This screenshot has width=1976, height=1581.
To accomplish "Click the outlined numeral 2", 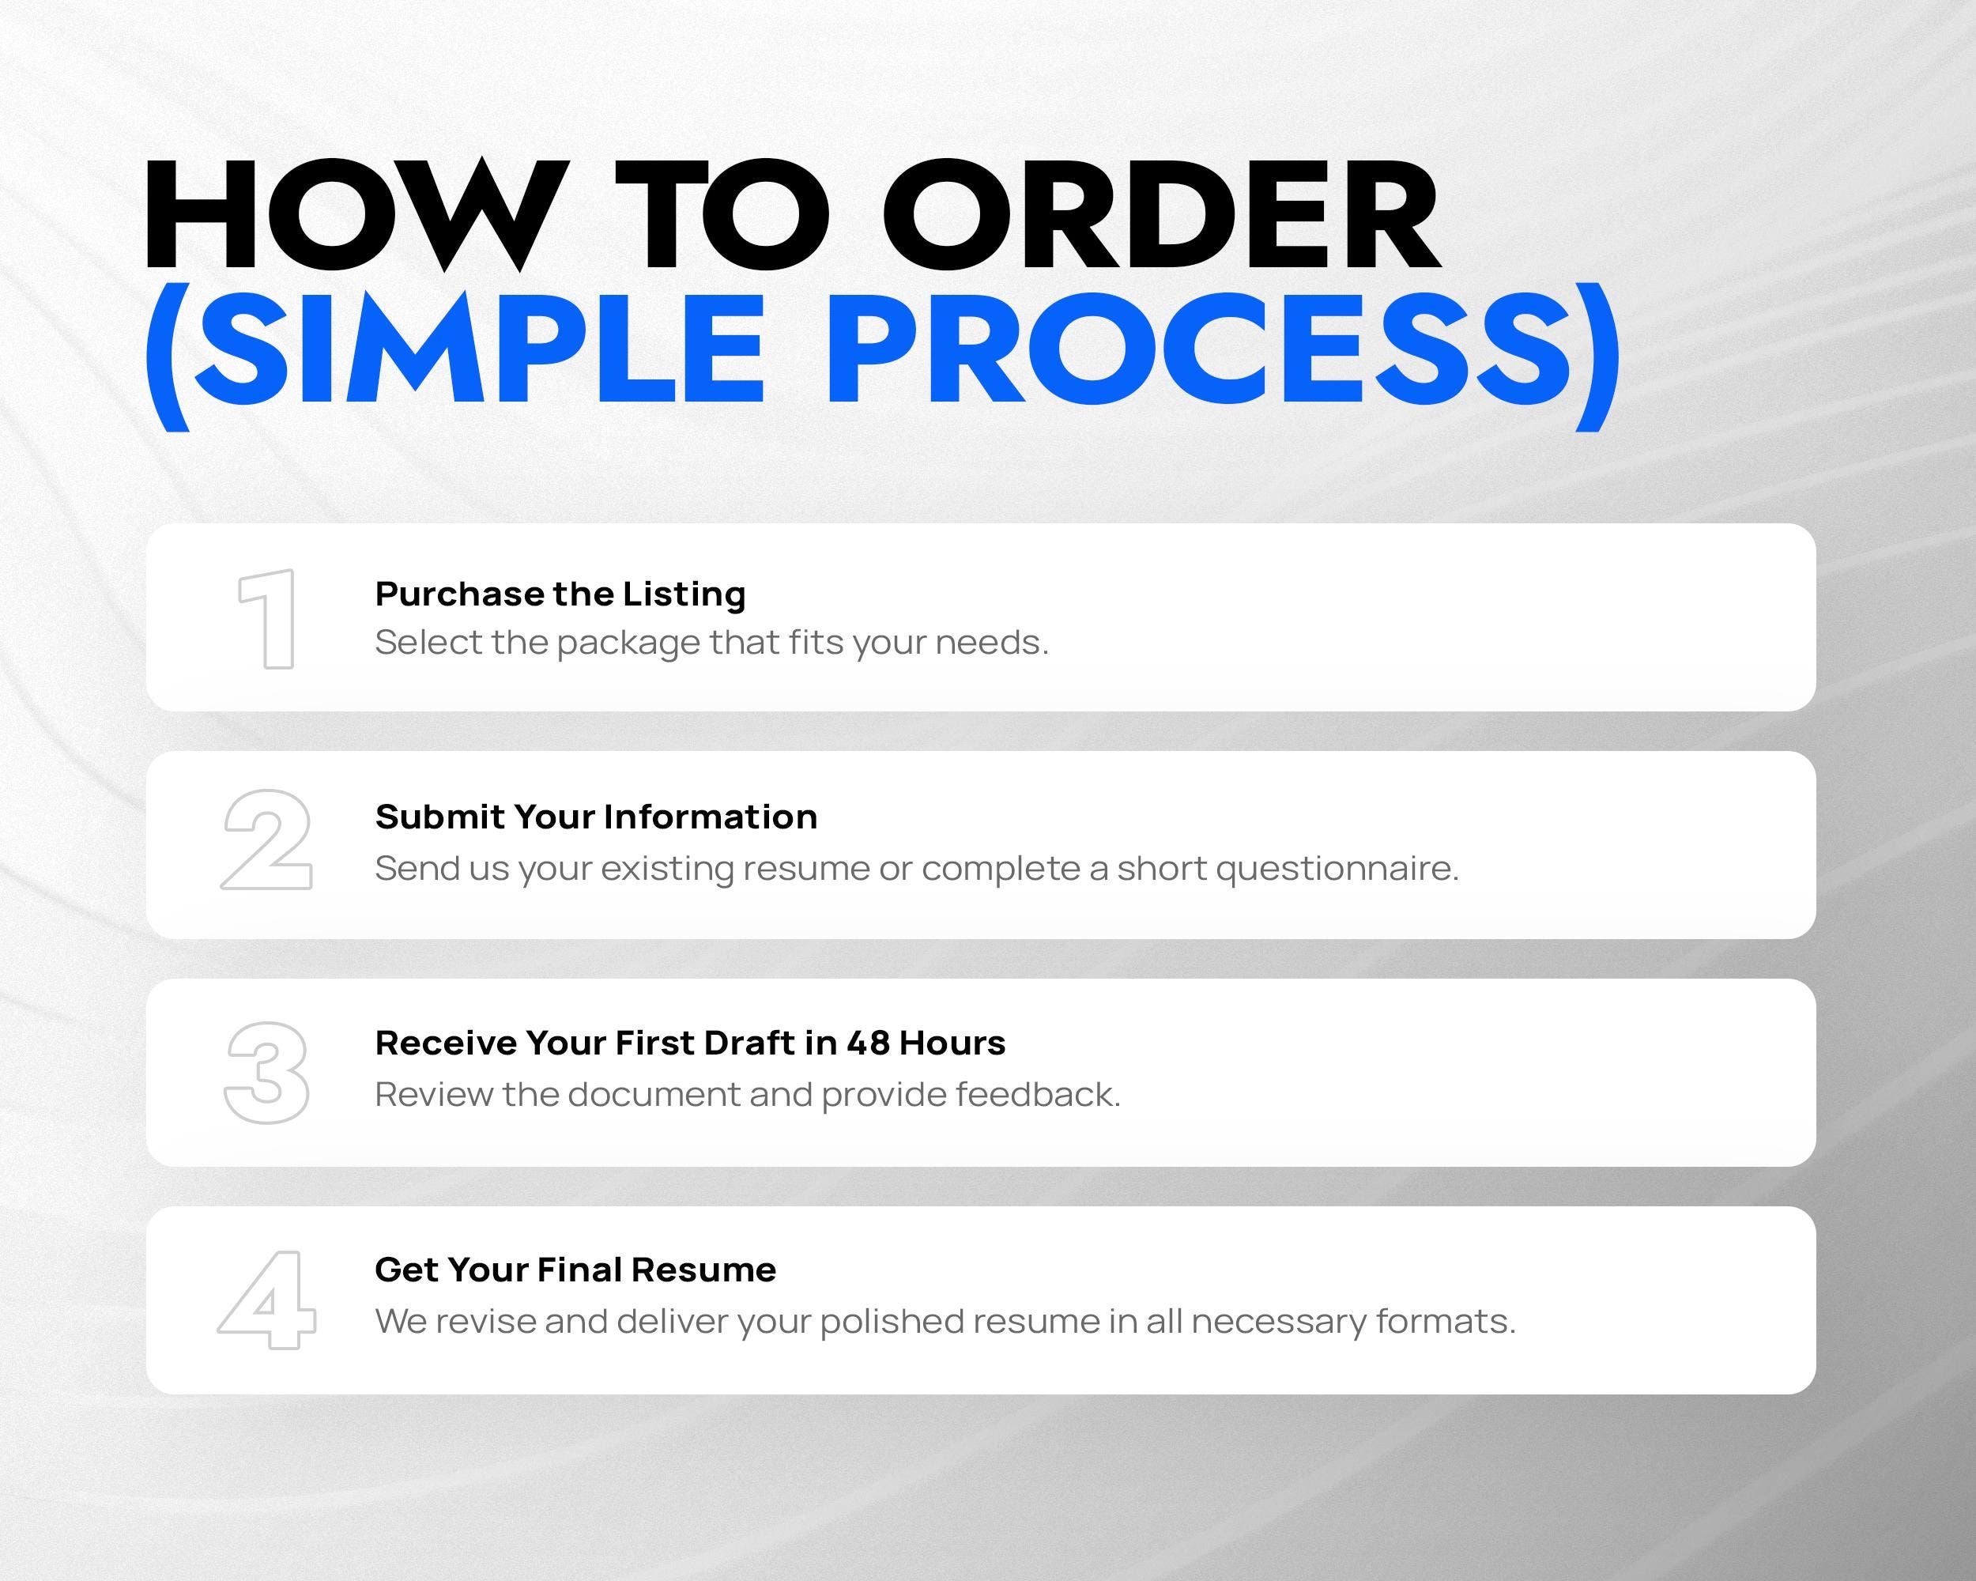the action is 266,840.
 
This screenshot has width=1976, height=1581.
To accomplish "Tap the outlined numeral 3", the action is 266,1073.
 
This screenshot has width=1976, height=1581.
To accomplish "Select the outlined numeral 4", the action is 266,1300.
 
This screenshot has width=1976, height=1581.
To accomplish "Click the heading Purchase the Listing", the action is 560,594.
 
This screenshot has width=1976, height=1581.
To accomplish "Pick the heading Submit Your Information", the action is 596,817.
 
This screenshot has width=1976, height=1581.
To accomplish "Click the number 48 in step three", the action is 868,1043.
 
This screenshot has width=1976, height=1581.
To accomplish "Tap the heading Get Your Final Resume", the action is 575,1270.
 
